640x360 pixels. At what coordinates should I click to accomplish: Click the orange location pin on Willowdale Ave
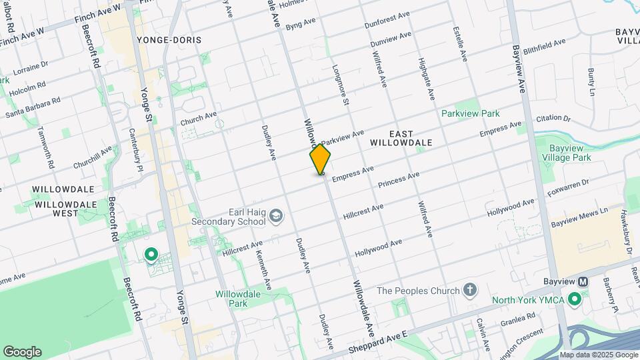320,159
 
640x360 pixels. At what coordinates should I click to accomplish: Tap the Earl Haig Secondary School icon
276,216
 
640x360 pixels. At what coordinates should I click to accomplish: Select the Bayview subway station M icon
583,282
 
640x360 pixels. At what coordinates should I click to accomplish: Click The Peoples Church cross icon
471,290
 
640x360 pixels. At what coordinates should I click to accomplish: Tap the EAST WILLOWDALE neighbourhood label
401,137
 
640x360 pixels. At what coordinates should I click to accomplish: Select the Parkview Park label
471,113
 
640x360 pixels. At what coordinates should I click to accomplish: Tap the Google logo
22,352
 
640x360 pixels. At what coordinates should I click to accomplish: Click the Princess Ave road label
398,179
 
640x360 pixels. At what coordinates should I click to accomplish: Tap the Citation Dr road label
554,119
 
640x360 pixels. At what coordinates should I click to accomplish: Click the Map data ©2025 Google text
599,355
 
